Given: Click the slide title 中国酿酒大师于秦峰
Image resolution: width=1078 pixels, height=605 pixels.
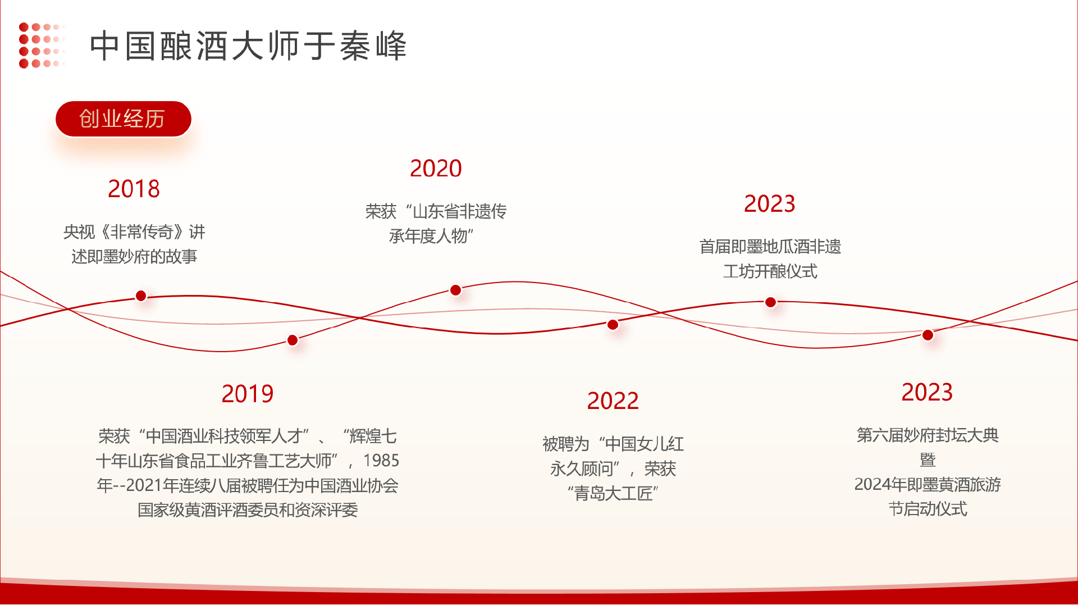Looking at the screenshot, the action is (248, 46).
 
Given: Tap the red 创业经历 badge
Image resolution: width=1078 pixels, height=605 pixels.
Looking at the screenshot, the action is (124, 119).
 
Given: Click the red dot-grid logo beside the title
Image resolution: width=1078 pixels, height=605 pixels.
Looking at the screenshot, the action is (42, 45).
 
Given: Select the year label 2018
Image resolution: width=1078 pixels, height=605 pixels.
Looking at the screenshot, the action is (134, 189).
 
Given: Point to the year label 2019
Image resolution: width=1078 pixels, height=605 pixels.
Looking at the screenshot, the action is (248, 394).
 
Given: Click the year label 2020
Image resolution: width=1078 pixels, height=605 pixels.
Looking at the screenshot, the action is (436, 169).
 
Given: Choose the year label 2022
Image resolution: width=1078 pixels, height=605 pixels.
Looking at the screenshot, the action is (613, 401).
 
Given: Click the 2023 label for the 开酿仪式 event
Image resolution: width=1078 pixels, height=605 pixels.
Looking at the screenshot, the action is (770, 204).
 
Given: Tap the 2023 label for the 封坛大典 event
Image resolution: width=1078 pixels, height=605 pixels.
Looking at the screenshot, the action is (928, 393).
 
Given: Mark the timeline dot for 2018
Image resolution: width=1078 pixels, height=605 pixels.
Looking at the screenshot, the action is (141, 295).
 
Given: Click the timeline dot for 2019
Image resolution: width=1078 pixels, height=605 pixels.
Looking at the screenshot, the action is (293, 340).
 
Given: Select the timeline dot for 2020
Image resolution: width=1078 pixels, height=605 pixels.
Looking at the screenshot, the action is (456, 290).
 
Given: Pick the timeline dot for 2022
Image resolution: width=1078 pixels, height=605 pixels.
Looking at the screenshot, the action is (613, 324).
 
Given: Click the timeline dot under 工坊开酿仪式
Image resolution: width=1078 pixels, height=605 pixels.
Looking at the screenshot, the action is (771, 302).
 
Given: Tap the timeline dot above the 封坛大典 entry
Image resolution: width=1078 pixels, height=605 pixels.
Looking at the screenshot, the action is (928, 335).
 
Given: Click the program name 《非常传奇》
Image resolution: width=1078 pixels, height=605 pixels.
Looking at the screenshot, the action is (143, 232).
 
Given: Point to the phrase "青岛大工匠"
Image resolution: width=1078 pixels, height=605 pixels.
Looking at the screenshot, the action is (613, 494).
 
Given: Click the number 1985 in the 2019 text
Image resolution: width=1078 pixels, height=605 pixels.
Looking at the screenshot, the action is (381, 461).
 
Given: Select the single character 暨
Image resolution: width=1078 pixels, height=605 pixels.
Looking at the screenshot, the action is (928, 460).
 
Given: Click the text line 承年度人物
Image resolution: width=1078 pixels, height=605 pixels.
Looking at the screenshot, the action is (431, 236).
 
